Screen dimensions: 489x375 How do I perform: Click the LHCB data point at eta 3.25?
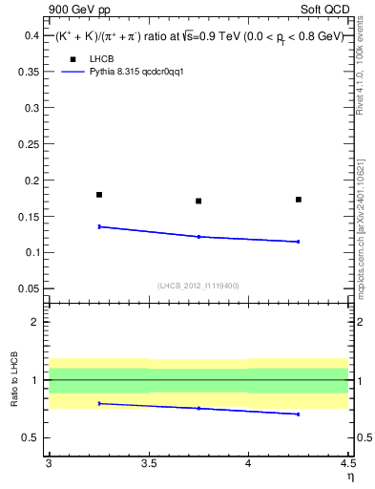point(99,195)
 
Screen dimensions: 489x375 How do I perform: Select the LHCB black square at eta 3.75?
point(198,201)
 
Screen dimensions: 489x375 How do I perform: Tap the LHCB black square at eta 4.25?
point(299,200)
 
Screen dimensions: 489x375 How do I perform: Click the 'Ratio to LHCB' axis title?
point(12,379)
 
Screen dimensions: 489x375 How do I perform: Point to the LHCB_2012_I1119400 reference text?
point(198,286)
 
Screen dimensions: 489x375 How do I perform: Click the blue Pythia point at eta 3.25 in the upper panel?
point(99,226)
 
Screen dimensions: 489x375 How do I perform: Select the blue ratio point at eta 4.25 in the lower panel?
point(299,414)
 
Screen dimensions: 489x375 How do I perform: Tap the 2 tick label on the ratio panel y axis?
point(36,322)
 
